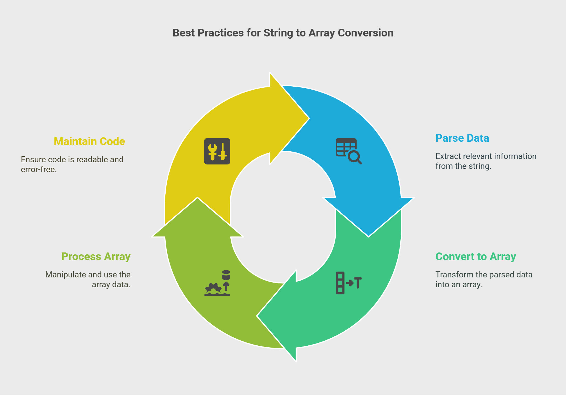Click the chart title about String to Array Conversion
click(x=283, y=33)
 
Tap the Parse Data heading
click(x=462, y=138)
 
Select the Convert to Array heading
click(x=476, y=257)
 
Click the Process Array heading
click(x=96, y=257)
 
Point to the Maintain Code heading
click(x=89, y=141)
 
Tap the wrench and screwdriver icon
click(x=217, y=151)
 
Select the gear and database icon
click(x=217, y=283)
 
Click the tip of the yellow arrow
click(x=309, y=119)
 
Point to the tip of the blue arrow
click(x=369, y=237)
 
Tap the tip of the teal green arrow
click(x=257, y=316)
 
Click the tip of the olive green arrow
click(x=197, y=198)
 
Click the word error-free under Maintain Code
click(x=39, y=169)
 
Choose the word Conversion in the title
click(x=366, y=33)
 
